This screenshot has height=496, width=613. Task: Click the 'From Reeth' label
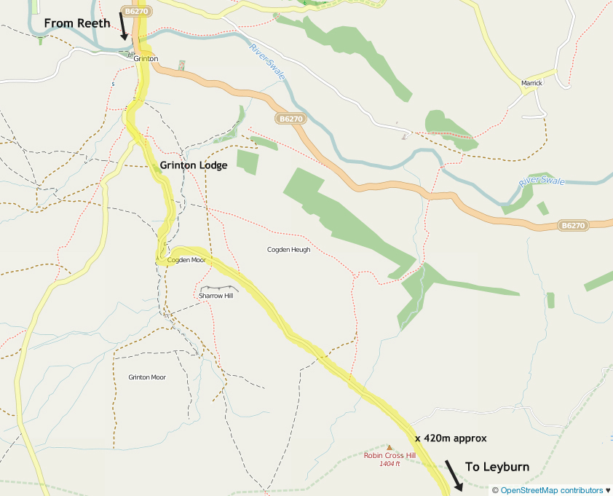(x=76, y=23)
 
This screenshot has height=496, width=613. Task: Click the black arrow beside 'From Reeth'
(x=124, y=25)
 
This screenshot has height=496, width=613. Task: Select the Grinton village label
(x=146, y=58)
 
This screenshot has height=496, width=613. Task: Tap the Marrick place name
(x=532, y=84)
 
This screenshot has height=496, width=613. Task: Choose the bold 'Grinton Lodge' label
(x=194, y=165)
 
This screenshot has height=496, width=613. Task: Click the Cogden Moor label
(x=186, y=260)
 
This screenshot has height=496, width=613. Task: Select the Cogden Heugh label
(x=288, y=250)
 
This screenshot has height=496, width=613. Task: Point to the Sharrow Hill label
(x=215, y=296)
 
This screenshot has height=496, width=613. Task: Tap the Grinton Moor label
(x=147, y=377)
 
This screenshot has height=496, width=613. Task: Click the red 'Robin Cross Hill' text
(x=389, y=456)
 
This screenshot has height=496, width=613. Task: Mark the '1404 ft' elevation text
(x=389, y=464)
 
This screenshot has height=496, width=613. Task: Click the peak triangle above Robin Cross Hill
(x=389, y=447)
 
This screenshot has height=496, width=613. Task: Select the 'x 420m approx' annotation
(x=450, y=438)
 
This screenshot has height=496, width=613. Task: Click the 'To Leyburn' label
(x=497, y=467)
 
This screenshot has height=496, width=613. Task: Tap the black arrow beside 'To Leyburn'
(x=454, y=475)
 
